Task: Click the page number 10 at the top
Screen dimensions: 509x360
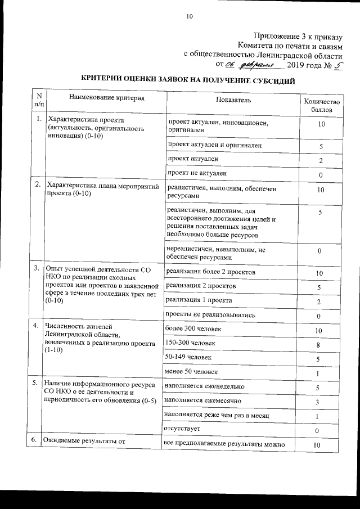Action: (190, 17)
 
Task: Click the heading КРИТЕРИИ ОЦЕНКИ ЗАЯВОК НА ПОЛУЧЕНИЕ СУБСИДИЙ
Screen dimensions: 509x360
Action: (188, 80)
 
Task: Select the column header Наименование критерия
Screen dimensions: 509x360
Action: (103, 98)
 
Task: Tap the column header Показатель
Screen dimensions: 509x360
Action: (233, 100)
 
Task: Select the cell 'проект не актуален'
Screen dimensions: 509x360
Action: (197, 173)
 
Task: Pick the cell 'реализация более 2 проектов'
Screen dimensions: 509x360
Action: (211, 272)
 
